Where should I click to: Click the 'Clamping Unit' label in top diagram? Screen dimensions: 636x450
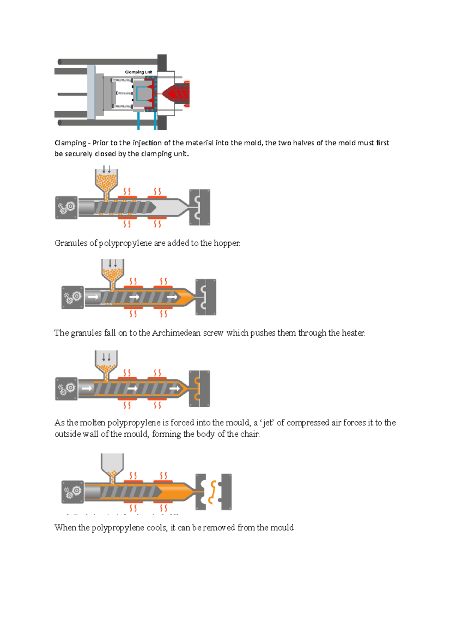point(138,72)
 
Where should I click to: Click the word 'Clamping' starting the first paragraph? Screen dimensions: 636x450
point(70,143)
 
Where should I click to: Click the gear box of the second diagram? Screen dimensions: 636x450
point(66,207)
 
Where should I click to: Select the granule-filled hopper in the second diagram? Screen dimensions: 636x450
point(106,181)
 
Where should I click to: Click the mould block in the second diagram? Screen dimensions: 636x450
point(199,207)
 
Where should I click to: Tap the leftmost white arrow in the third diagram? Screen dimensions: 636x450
point(93,297)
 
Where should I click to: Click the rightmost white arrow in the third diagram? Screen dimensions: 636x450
point(172,297)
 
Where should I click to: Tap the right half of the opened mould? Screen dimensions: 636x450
point(226,492)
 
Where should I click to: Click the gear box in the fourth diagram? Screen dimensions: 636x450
point(66,388)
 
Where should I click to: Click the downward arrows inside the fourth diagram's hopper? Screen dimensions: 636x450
point(106,357)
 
